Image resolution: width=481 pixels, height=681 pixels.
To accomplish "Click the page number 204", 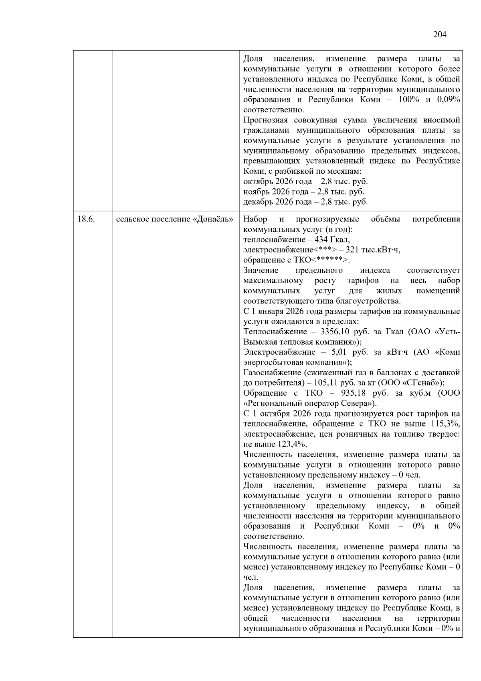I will click(440, 35).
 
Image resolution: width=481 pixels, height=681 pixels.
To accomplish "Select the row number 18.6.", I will click(86, 219).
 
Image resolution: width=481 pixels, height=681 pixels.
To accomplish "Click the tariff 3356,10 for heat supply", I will click(335, 331).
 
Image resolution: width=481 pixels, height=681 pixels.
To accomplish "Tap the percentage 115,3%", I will click(446, 424).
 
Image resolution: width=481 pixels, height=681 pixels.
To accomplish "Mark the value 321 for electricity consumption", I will click(352, 250).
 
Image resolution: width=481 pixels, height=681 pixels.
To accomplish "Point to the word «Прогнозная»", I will click(265, 120).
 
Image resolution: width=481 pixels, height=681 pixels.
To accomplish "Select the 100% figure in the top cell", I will click(408, 100).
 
